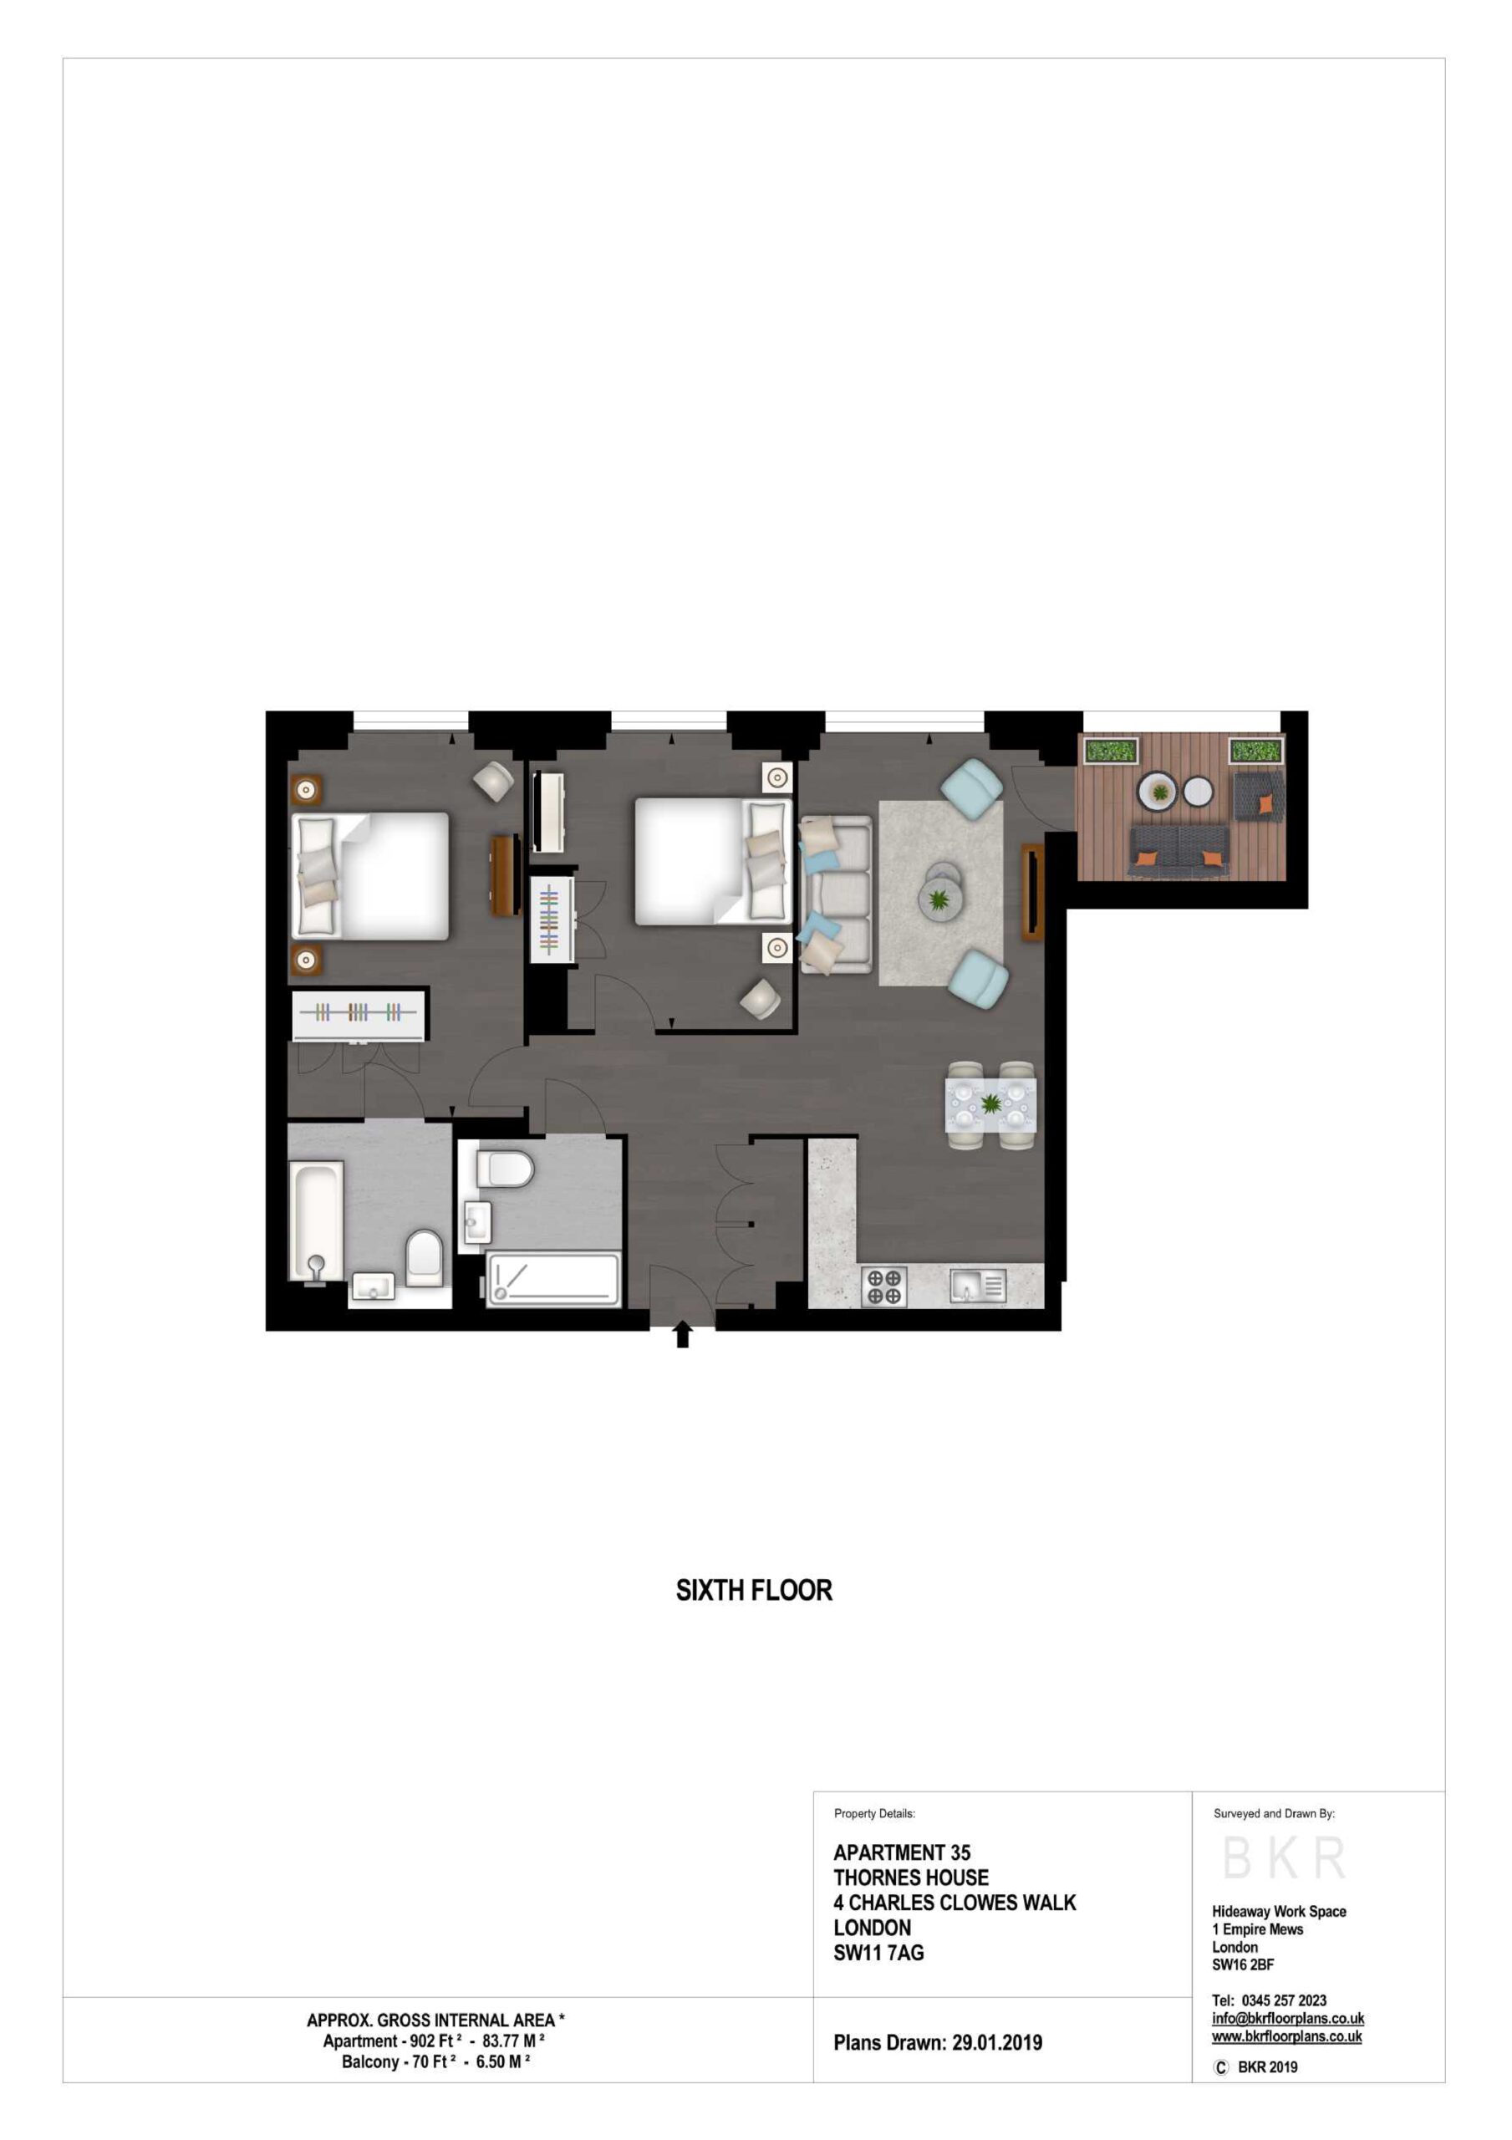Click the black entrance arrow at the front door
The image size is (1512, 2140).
click(682, 1335)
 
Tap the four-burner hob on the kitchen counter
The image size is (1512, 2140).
click(883, 1287)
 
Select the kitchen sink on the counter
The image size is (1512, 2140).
click(978, 1287)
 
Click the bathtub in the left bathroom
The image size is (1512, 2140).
click(315, 1221)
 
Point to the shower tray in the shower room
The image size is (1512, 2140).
click(553, 1280)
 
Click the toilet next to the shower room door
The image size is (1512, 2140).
click(504, 1169)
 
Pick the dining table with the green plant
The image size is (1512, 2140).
click(990, 1104)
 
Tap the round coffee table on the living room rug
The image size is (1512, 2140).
click(943, 894)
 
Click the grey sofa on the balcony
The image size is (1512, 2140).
click(1178, 850)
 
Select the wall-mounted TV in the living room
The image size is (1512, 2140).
click(1031, 892)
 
